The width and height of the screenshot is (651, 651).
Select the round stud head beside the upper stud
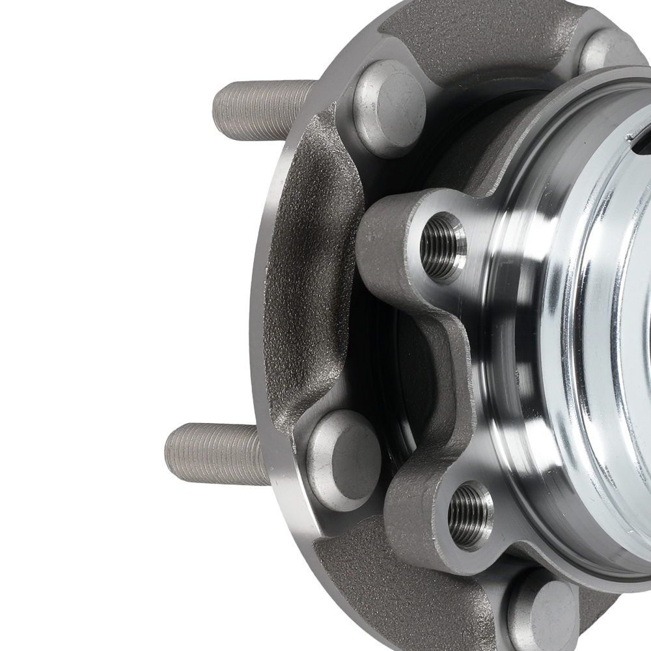pyautogui.click(x=389, y=108)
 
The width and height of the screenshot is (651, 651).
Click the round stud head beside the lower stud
pyautogui.click(x=343, y=459)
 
